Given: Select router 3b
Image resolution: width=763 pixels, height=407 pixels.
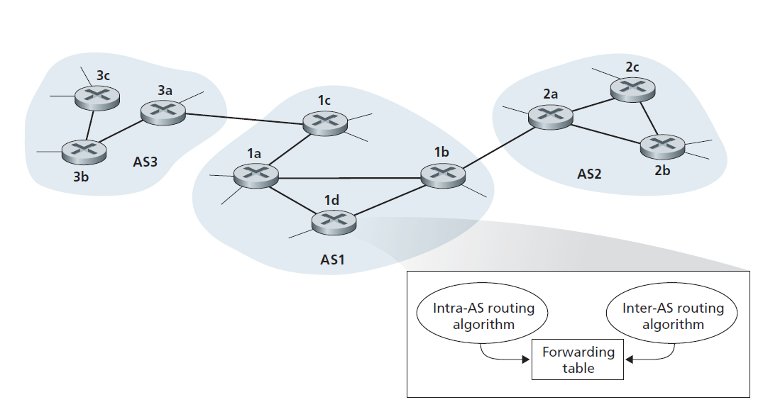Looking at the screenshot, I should point(84,150).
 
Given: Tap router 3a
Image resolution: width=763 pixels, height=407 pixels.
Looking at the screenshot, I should point(163,111).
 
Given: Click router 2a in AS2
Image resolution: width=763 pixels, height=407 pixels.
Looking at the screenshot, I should point(551,116).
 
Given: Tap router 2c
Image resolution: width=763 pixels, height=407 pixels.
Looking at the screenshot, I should point(633,88).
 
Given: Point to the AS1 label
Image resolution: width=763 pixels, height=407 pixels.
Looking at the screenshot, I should point(331,260).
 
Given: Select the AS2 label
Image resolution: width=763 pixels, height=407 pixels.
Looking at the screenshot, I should point(589,173).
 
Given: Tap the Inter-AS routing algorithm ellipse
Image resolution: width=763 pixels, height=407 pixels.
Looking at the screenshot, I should point(673,316).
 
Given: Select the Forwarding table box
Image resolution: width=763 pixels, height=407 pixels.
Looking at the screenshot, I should point(578,359).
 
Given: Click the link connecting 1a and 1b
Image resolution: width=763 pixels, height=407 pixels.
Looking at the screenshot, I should point(348,176).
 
